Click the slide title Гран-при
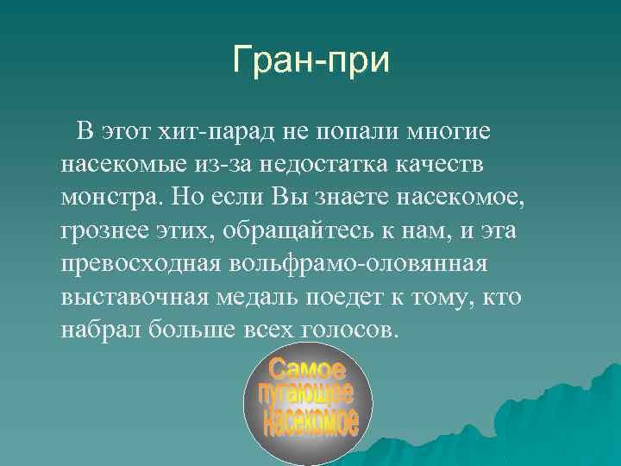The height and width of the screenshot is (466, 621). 310,60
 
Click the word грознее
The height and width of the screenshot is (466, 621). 108,230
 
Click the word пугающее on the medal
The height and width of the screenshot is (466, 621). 306,396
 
